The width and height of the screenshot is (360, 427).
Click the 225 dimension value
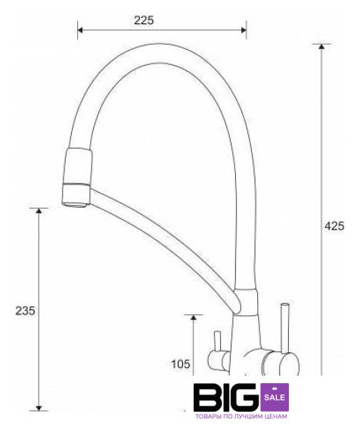pos(144,20)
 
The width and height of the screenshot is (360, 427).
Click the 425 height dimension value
pos(334,226)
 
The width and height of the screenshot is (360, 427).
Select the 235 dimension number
pos(25,311)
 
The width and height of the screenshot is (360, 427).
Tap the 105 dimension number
pos(181,364)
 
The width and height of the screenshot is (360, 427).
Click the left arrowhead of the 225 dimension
pos(80,29)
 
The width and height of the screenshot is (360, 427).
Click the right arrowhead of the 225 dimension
pos(244,29)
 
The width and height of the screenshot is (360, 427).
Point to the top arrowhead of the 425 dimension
pos(321,46)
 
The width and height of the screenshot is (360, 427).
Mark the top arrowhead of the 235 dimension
pos(39,211)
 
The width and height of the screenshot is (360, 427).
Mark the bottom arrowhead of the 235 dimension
pos(39,408)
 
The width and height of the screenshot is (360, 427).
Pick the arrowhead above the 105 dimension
pos(194,317)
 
